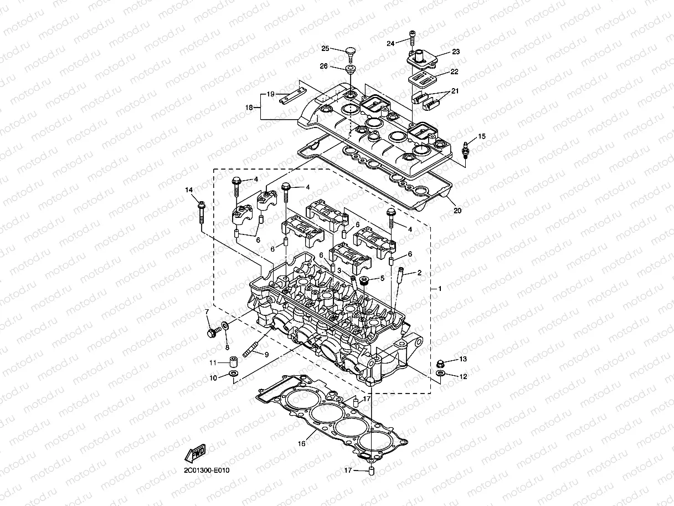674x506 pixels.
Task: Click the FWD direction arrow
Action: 195,453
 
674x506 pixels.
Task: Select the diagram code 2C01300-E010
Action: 207,471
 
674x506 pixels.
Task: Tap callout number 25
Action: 325,48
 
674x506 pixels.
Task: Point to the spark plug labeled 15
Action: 466,150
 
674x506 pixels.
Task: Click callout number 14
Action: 189,190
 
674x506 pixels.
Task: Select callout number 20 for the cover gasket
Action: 457,211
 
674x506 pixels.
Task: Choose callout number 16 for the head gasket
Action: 302,443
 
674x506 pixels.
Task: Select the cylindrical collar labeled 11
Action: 233,361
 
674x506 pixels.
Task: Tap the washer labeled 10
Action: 233,374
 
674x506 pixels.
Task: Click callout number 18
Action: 249,108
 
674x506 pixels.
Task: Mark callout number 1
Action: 440,289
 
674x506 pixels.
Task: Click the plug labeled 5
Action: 364,280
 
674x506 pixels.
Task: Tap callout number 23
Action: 456,52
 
